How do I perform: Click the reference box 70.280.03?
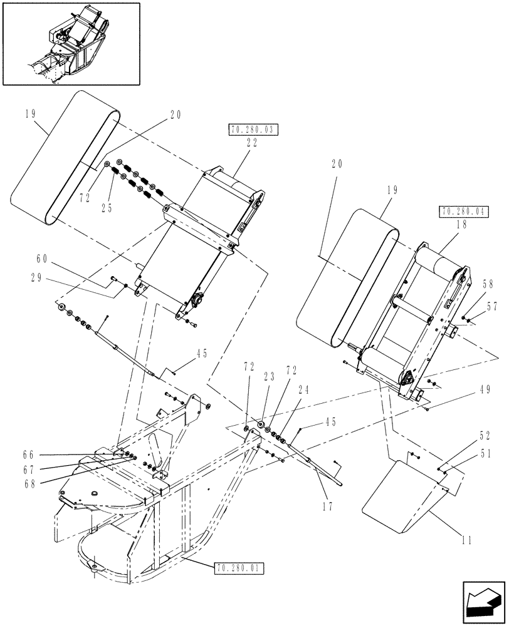pos(249,130)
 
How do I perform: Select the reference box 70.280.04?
pos(464,211)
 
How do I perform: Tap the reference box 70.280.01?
pos(240,568)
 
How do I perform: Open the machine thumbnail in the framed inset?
pos(71,43)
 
